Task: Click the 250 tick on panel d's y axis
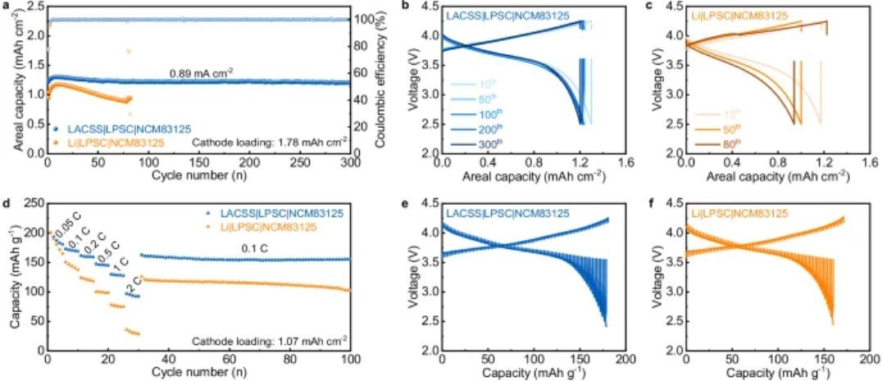pos(33,203)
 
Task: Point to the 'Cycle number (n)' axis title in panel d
pos(199,374)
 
